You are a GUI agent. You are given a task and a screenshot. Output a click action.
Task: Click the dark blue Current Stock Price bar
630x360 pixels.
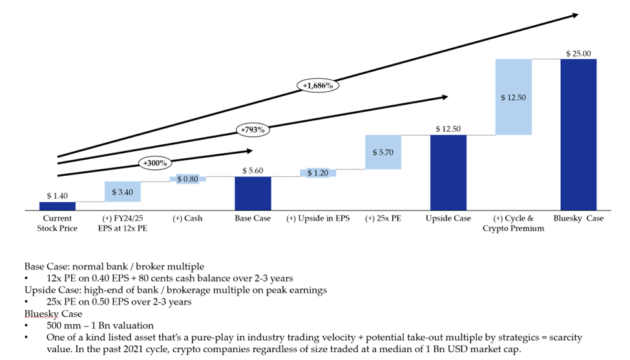point(57,206)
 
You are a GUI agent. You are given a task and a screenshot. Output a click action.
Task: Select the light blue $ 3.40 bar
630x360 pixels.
point(122,192)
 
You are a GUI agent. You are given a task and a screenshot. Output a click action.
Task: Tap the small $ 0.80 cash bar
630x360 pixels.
point(187,178)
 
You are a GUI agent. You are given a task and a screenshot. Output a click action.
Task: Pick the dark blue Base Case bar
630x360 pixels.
point(253,193)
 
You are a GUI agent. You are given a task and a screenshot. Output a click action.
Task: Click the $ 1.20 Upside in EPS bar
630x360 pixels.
point(318,173)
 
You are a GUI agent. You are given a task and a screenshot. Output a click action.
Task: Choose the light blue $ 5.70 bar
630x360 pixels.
point(383,152)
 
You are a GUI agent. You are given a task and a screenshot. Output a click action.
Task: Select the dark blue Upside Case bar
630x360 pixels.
point(448,173)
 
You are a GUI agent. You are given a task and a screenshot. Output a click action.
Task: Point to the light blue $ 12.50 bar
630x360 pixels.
point(513,97)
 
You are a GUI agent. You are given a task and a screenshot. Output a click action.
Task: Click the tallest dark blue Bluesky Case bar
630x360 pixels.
point(578,134)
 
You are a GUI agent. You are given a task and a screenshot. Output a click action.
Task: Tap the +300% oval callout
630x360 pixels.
point(153,162)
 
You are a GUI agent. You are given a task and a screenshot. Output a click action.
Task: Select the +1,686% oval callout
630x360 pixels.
point(317,85)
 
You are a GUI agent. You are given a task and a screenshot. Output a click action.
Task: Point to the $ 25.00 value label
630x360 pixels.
point(578,54)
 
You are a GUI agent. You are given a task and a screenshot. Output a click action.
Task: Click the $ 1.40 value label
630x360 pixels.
point(57,195)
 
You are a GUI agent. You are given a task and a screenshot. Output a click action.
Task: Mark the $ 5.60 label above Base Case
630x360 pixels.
point(253,171)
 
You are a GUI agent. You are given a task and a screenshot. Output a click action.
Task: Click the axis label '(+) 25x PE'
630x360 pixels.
point(383,218)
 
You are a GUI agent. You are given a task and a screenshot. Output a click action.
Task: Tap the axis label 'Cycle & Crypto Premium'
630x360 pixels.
point(513,224)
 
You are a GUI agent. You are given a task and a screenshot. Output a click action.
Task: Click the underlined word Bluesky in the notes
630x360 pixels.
point(37,313)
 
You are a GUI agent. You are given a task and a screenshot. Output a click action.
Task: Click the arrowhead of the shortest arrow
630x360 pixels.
point(247,151)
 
